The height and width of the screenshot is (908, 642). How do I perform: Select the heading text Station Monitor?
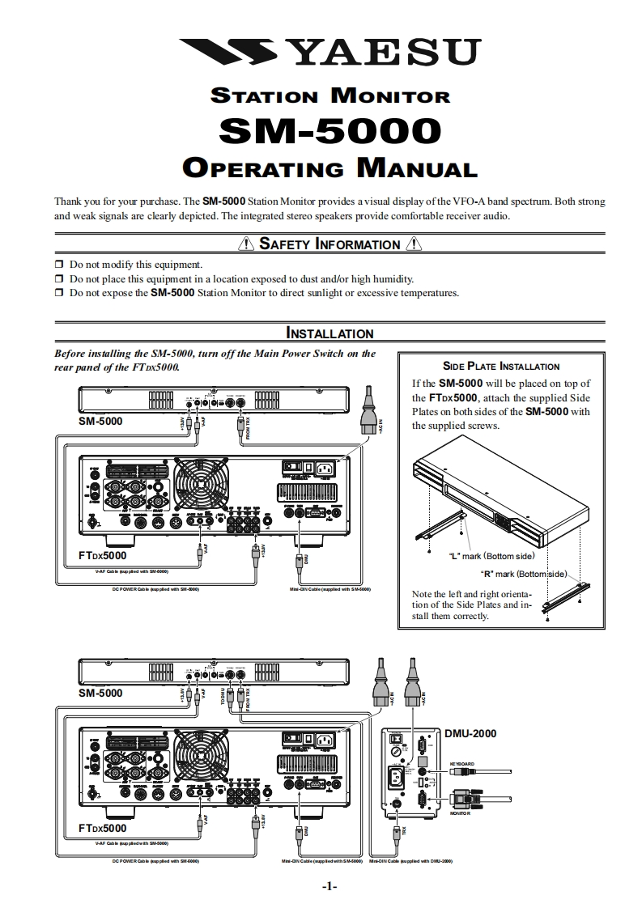[330, 95]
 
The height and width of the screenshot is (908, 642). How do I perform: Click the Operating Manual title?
[330, 168]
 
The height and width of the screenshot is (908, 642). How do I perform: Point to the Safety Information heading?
[329, 244]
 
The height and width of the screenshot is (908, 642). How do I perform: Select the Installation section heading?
[330, 333]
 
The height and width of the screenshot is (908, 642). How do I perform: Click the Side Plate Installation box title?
[501, 367]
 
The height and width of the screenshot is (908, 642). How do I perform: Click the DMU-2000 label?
[470, 733]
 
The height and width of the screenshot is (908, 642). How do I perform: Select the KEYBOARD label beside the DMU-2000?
[462, 764]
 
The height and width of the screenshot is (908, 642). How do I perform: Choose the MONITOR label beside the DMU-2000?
[460, 813]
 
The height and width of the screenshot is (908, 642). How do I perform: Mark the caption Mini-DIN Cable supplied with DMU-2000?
[410, 861]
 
